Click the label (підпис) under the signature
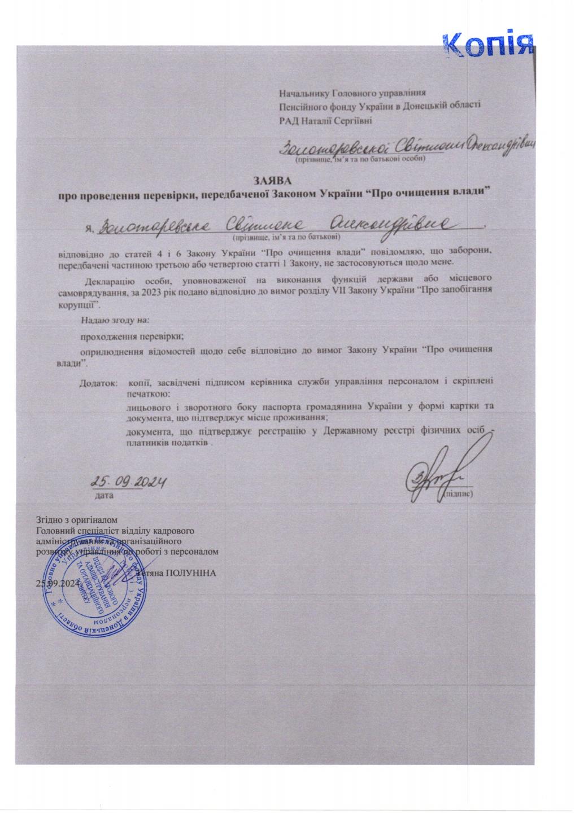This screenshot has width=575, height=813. [458, 494]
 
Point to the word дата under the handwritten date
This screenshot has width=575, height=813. [102, 495]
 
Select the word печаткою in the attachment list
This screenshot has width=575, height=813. [149, 392]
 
